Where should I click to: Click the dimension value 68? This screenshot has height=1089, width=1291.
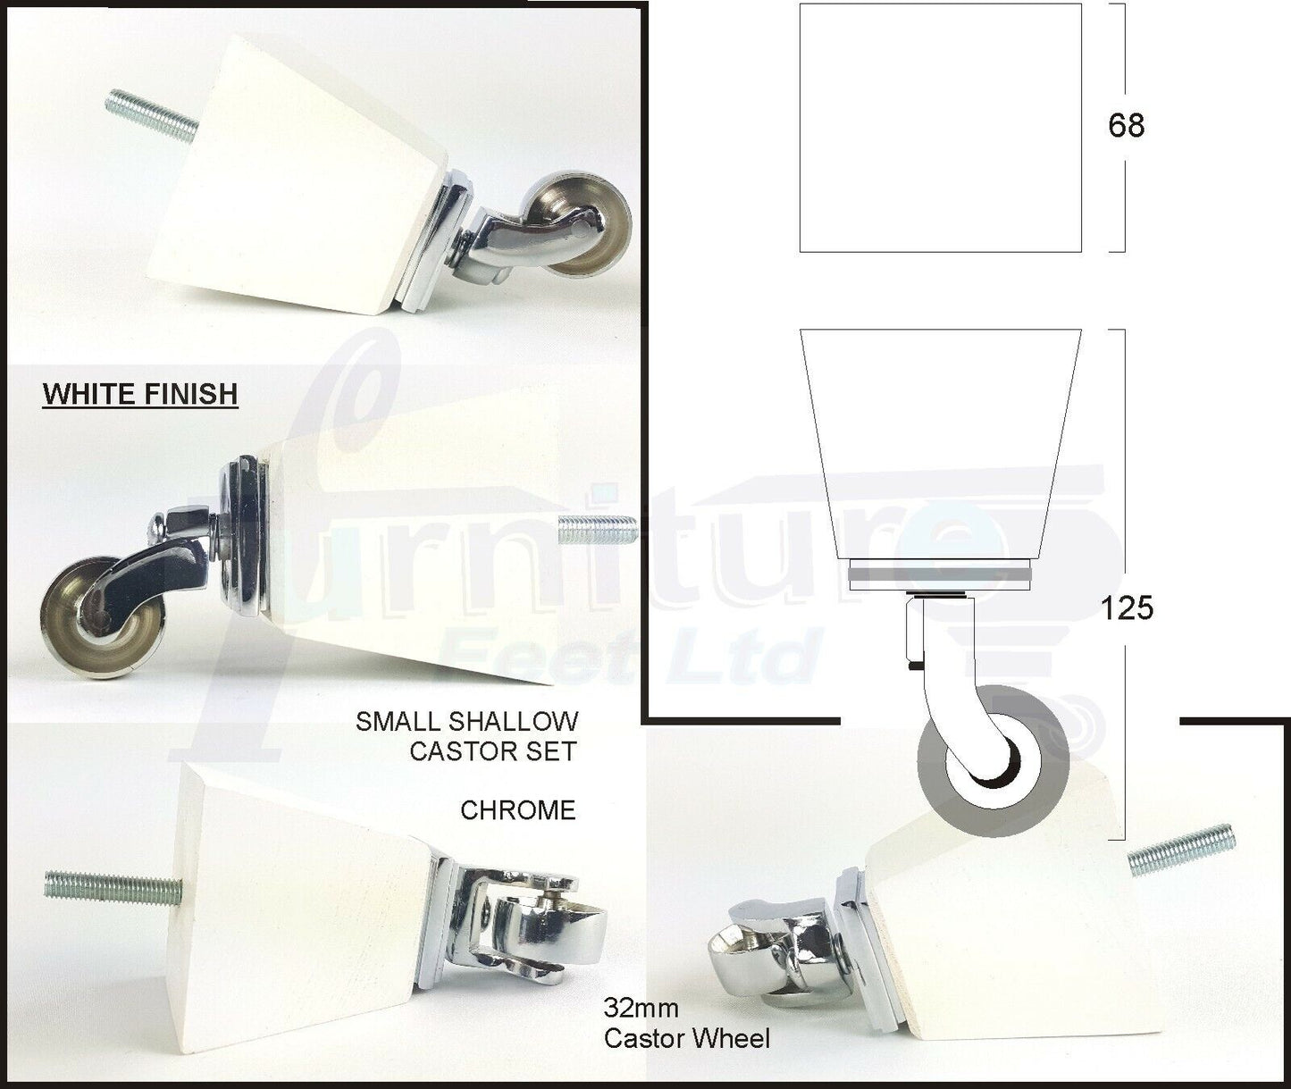[x=1126, y=126]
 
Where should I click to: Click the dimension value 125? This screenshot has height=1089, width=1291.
[x=1128, y=609]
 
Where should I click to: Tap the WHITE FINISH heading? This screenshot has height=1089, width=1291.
[x=140, y=394]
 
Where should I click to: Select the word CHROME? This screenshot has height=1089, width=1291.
[x=517, y=810]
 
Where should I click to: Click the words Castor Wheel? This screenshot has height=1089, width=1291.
[x=687, y=1039]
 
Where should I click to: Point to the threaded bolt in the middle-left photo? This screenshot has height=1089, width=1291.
[x=596, y=531]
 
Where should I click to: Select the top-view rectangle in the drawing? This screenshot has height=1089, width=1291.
[x=940, y=128]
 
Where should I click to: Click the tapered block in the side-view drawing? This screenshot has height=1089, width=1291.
[x=940, y=444]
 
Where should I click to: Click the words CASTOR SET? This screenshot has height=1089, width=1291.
[x=493, y=751]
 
